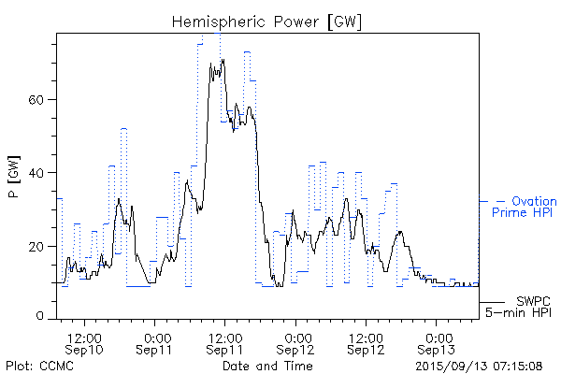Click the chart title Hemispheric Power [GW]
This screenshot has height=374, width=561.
(267, 21)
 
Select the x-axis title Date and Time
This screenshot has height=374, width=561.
(266, 366)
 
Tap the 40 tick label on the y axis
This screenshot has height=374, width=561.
(38, 173)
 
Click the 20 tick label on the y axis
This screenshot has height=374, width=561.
(38, 246)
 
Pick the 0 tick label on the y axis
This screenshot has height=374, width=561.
(42, 318)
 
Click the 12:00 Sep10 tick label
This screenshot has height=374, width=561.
(85, 342)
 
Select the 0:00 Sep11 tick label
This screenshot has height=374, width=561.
(156, 342)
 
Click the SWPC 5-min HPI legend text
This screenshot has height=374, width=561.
(520, 307)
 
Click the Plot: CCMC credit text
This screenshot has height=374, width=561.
(39, 366)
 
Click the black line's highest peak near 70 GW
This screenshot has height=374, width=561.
(223, 61)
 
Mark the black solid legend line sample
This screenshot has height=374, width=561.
(493, 302)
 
